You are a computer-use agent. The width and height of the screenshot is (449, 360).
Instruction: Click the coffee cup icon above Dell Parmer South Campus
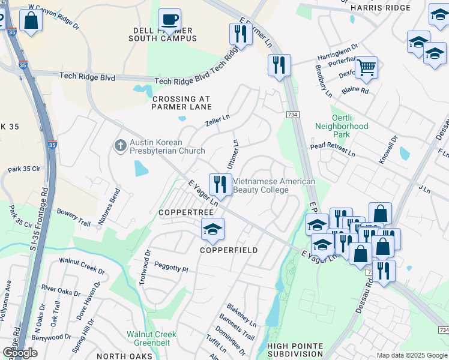169,19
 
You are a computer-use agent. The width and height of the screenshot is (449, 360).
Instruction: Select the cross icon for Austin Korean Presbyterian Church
120,145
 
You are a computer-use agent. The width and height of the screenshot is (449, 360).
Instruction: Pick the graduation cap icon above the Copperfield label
212,229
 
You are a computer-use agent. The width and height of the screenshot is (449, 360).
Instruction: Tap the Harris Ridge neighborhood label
380,7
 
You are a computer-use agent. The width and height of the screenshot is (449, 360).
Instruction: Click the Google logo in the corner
20,353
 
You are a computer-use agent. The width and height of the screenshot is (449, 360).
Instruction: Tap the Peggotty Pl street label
171,267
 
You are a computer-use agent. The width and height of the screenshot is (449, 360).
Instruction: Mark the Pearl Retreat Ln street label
333,150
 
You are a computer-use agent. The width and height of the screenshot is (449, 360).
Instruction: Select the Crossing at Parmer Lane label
182,103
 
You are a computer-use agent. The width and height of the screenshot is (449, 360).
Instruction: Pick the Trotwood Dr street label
145,269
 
